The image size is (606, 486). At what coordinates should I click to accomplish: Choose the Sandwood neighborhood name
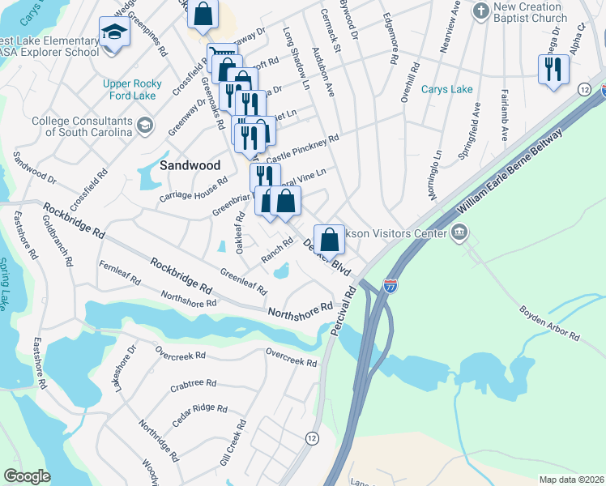coord(190,164)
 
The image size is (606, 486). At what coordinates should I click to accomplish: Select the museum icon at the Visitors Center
coord(459,233)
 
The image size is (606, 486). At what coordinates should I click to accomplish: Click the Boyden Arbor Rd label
coord(550,322)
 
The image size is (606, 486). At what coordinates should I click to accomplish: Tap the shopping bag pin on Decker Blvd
coord(328,239)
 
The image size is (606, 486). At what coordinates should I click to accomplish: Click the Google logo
coord(27,476)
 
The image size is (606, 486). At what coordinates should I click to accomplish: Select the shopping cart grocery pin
coord(217,55)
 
